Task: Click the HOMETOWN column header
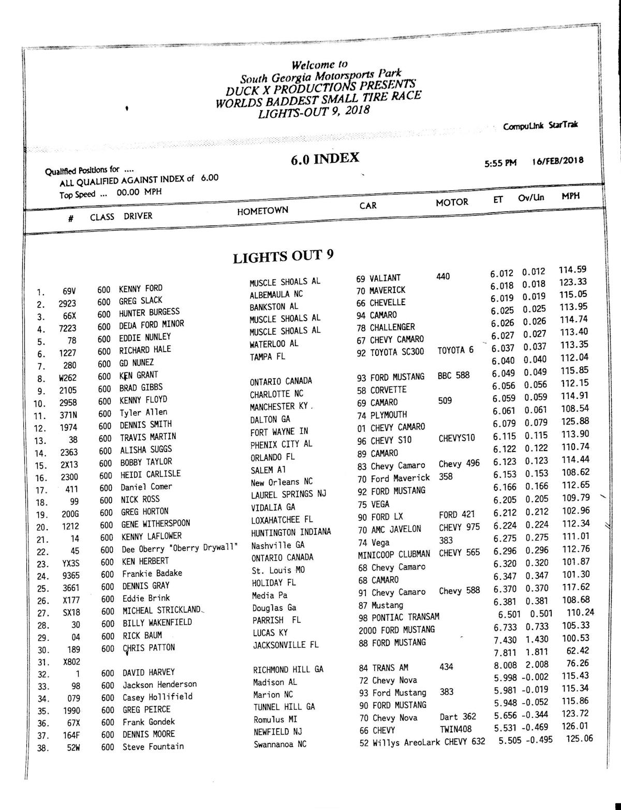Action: coord(262,211)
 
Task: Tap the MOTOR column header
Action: coord(451,202)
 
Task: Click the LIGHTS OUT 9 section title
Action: coord(283,257)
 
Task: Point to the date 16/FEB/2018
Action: coord(557,160)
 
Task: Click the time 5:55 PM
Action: coord(500,163)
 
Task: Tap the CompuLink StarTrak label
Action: coord(540,126)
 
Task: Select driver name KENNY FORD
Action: coord(140,288)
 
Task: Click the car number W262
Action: coord(67,378)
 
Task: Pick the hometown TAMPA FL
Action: coord(267,356)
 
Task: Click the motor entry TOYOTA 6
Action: coord(455,350)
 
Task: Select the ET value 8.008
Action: coord(505,665)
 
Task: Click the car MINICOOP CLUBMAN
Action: coord(394,554)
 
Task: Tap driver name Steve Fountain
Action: coord(153,746)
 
